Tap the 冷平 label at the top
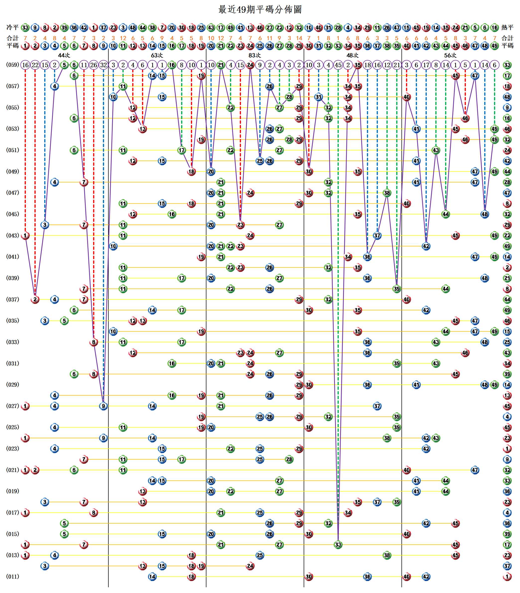12,28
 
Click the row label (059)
12,65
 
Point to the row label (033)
12,342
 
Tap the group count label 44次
64,55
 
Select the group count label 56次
450,55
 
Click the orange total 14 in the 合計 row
299,38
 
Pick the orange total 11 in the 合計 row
270,38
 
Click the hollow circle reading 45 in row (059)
338,65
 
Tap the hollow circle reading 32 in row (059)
103,65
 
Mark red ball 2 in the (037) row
35,299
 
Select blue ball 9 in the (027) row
103,406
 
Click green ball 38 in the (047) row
387,193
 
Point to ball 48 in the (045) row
485,214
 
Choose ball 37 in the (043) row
377,236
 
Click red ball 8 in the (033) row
93,342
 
